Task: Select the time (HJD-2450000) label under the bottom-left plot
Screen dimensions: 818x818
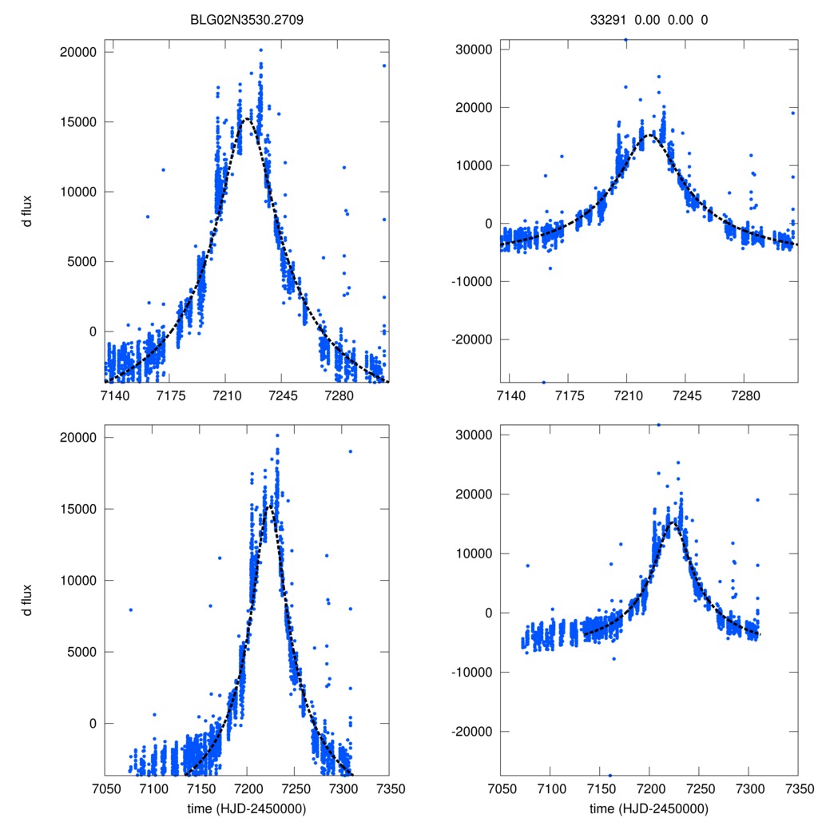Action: (x=247, y=808)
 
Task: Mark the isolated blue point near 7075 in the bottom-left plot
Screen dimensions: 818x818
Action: (x=129, y=610)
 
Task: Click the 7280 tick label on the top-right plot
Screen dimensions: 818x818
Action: (x=745, y=395)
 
